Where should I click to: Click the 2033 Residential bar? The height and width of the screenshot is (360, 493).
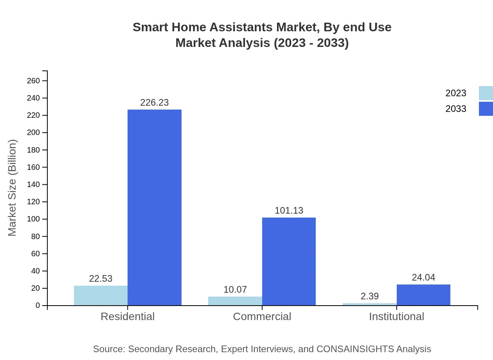(x=155, y=207)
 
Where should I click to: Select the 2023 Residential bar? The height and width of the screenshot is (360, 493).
(x=101, y=295)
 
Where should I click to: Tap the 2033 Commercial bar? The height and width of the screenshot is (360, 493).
(x=289, y=261)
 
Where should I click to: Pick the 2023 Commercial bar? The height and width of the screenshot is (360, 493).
(x=235, y=301)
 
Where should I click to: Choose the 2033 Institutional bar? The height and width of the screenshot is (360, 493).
(x=423, y=295)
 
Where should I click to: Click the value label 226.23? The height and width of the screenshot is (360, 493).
(x=155, y=103)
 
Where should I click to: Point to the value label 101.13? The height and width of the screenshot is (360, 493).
(x=289, y=211)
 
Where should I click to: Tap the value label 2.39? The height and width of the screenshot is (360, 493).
(x=369, y=296)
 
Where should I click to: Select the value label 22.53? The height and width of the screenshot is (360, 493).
(x=101, y=279)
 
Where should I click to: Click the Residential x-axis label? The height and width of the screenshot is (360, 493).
(x=128, y=316)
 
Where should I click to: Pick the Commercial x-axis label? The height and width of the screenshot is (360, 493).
(x=262, y=316)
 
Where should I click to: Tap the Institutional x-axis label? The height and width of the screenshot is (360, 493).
(x=396, y=316)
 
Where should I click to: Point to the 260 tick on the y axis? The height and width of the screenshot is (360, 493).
(x=33, y=81)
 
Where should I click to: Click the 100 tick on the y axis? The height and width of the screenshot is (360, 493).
(x=33, y=219)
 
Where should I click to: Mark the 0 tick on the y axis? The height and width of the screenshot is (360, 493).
(x=38, y=306)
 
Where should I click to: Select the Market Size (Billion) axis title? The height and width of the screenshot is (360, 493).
(x=12, y=188)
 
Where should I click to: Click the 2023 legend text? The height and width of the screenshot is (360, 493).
(x=456, y=93)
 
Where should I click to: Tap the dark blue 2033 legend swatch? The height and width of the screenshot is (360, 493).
(x=486, y=109)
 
